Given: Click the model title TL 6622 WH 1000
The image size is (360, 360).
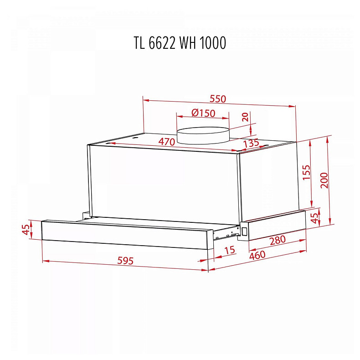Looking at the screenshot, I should (x=180, y=43).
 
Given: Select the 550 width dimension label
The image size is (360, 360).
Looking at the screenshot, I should (x=218, y=99).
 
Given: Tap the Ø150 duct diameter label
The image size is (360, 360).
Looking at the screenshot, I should (x=203, y=113).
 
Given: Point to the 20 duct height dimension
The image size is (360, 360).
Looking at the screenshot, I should (x=246, y=117).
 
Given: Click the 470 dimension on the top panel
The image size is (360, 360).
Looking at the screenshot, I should (x=166, y=142).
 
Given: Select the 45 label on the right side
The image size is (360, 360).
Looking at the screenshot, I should (x=314, y=218).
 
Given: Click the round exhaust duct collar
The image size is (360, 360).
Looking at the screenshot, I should (x=203, y=135).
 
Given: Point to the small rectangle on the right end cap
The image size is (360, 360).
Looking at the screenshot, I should (x=245, y=231).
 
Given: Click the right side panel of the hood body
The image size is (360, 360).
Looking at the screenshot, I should (x=269, y=182).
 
